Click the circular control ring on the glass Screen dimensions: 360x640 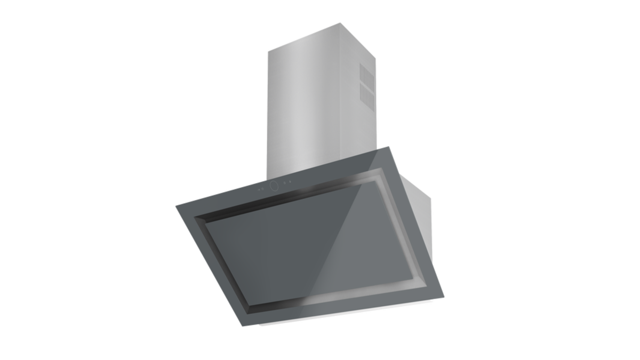275,186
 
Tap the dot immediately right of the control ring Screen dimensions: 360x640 285,184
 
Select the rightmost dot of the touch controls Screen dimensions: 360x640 291,183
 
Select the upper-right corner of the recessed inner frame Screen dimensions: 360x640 382,170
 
